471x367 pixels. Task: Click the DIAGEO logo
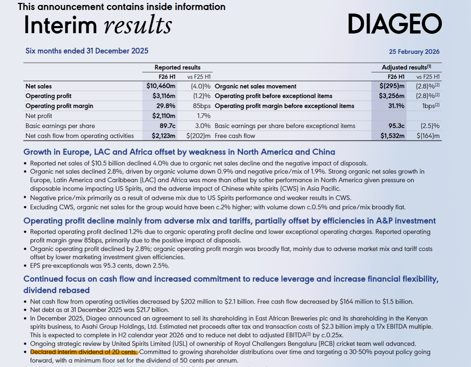coord(394,24)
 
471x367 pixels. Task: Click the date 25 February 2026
coord(414,52)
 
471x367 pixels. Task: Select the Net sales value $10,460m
coord(161,86)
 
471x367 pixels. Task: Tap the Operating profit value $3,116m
coord(164,96)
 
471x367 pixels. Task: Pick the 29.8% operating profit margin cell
coord(165,106)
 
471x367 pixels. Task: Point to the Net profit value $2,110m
coord(164,116)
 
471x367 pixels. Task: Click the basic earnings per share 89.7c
coord(167,126)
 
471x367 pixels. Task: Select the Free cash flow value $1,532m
coord(392,136)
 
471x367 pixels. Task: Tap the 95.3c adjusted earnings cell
coord(396,126)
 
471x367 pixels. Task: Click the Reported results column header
coord(177,67)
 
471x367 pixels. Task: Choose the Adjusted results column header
coord(406,67)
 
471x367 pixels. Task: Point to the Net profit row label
coord(39,116)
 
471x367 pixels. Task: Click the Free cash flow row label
coord(235,136)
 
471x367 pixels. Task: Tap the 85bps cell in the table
coord(201,106)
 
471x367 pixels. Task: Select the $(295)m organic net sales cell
coord(392,86)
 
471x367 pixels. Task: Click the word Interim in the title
coord(60,25)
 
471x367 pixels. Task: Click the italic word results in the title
coord(138,25)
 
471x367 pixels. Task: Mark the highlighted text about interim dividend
coord(84,352)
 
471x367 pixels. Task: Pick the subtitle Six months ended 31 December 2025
coord(87,51)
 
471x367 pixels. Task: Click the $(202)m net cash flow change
coord(198,136)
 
